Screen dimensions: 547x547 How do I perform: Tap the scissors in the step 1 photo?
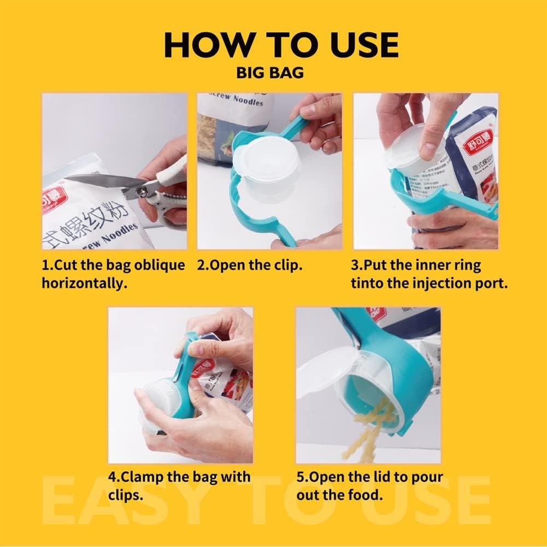[126, 186]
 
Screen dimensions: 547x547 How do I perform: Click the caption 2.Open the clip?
[250, 266]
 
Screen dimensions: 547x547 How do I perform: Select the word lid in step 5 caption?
[381, 477]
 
